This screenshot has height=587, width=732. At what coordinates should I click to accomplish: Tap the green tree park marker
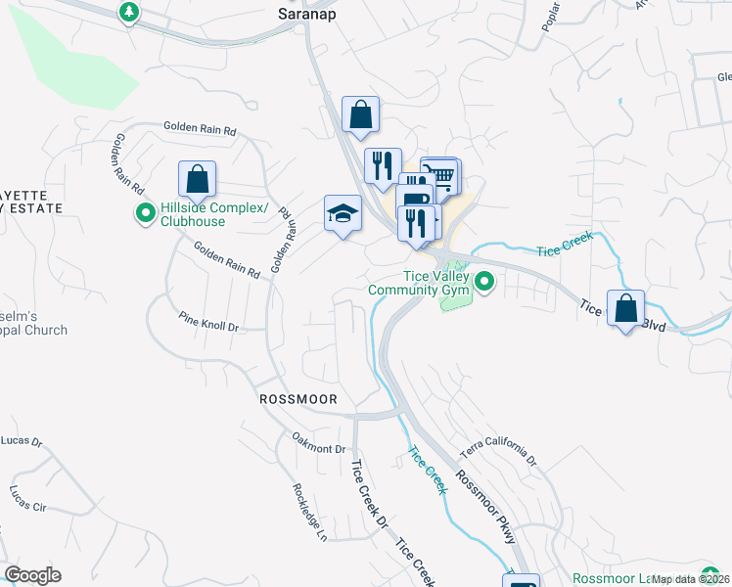[129, 12]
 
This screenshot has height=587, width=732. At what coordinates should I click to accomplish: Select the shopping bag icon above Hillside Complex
[198, 179]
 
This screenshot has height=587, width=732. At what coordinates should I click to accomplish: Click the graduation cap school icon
[343, 213]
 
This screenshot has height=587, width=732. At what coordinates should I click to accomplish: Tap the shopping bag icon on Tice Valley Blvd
[625, 308]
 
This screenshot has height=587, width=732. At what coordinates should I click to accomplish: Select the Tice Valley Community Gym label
[420, 283]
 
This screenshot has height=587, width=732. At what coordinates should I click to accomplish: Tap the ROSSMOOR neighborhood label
[298, 400]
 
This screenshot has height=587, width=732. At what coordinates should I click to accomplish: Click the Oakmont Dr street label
[319, 443]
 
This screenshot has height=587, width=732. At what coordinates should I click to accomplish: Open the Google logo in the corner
[32, 575]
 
